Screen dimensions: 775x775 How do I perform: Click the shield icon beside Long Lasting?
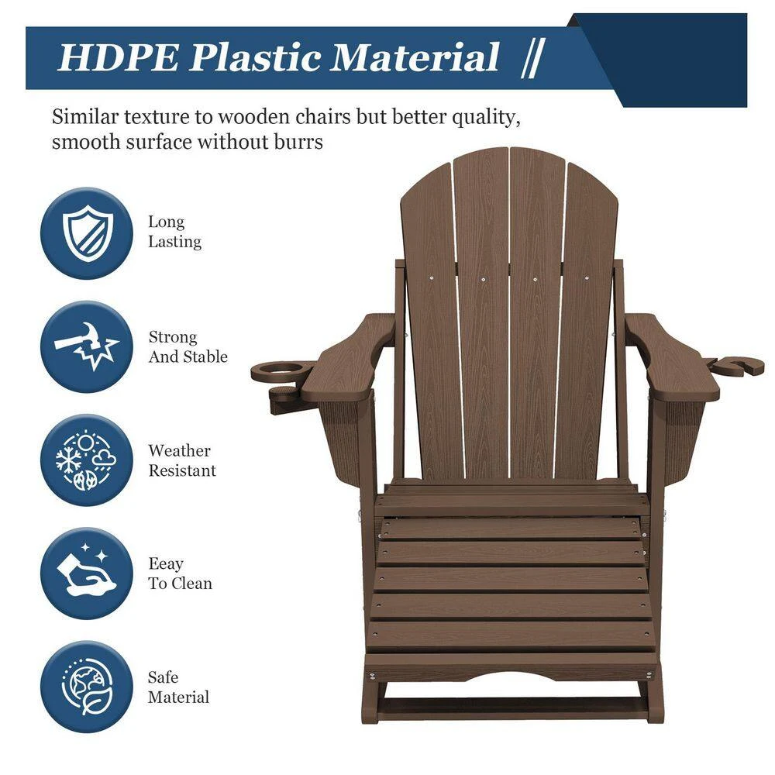click(86, 232)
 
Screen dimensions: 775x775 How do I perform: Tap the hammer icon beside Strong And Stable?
click(86, 346)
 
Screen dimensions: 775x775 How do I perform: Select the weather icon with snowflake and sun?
click(86, 460)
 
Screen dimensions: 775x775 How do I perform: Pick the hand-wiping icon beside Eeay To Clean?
click(86, 573)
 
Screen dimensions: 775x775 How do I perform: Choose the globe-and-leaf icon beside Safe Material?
click(86, 687)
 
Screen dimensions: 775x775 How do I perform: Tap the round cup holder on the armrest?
click(283, 370)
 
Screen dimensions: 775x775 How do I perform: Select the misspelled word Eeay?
click(166, 564)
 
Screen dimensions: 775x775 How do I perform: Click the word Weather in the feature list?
click(179, 450)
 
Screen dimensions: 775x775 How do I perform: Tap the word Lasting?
click(174, 242)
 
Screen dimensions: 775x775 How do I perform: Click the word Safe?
click(163, 677)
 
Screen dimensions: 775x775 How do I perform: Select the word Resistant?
click(182, 470)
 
